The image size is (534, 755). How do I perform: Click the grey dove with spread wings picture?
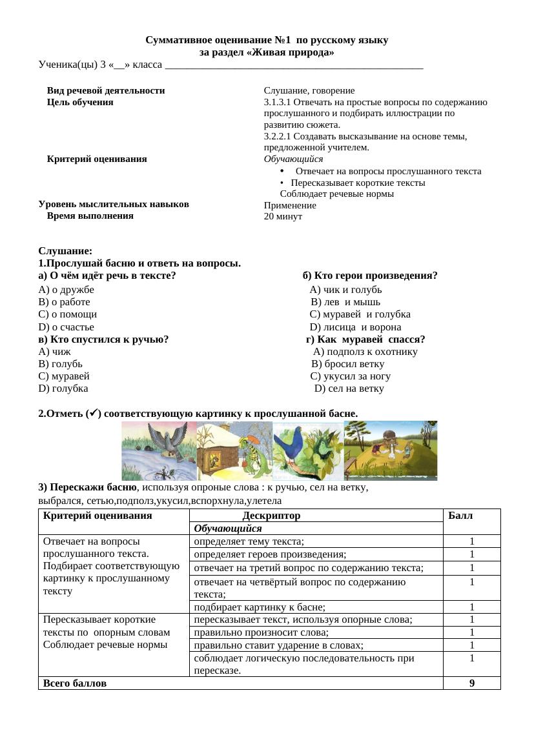click(x=159, y=450)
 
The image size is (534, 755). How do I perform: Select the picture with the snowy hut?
click(x=234, y=450)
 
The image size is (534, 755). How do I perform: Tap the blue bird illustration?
click(x=308, y=450)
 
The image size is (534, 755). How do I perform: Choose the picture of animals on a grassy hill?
click(x=391, y=450)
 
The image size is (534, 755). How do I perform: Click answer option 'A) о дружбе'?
click(x=67, y=290)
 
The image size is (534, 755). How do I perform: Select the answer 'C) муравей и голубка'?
click(x=360, y=314)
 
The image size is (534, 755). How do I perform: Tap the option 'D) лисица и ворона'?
click(x=360, y=327)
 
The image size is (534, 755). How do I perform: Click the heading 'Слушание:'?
click(x=65, y=251)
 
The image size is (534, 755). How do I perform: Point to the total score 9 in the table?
click(x=472, y=683)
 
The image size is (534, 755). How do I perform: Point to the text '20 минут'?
click(x=283, y=217)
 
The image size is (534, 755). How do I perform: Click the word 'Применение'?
click(x=290, y=205)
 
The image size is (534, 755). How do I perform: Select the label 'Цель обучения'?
click(x=80, y=102)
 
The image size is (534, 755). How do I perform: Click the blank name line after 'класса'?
click(x=294, y=65)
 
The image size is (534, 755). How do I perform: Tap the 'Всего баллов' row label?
click(x=75, y=683)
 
